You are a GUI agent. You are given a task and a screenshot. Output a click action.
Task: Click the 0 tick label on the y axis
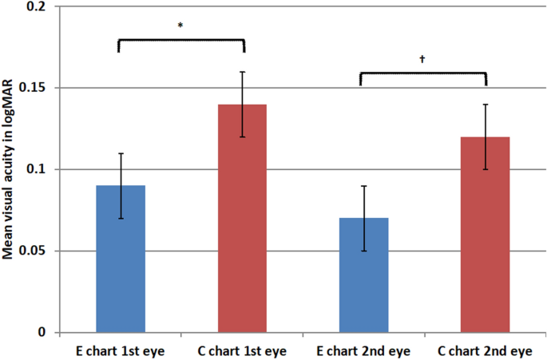coord(44,333)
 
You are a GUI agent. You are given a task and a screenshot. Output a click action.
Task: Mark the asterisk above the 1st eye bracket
coord(180,26)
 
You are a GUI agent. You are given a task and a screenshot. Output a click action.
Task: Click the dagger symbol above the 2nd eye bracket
coord(422,59)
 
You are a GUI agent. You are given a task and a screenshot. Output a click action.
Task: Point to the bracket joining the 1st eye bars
coord(181,40)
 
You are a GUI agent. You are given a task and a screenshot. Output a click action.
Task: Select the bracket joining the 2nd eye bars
coord(423,73)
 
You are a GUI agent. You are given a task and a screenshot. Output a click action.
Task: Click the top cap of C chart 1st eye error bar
coord(242,72)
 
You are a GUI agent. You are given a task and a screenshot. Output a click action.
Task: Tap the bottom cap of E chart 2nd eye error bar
coord(363,251)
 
